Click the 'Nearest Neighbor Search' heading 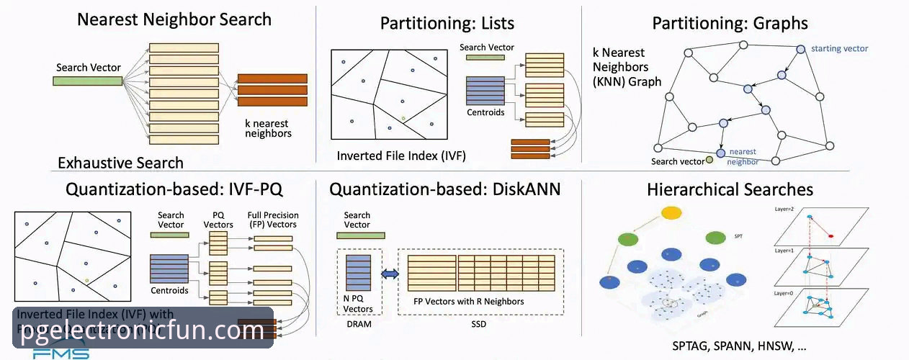[174, 19]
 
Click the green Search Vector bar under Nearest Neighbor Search [87, 81]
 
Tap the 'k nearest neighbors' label [268, 128]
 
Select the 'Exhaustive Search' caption [120, 163]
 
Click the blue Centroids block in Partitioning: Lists [485, 91]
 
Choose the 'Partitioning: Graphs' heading [730, 23]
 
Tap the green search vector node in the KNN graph [710, 159]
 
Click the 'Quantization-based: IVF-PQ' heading [174, 190]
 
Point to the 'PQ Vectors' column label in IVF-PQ [223, 220]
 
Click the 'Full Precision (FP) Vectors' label [273, 220]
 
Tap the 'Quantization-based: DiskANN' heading [445, 190]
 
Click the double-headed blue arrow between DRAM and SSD [389, 274]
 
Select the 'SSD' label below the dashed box [478, 325]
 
